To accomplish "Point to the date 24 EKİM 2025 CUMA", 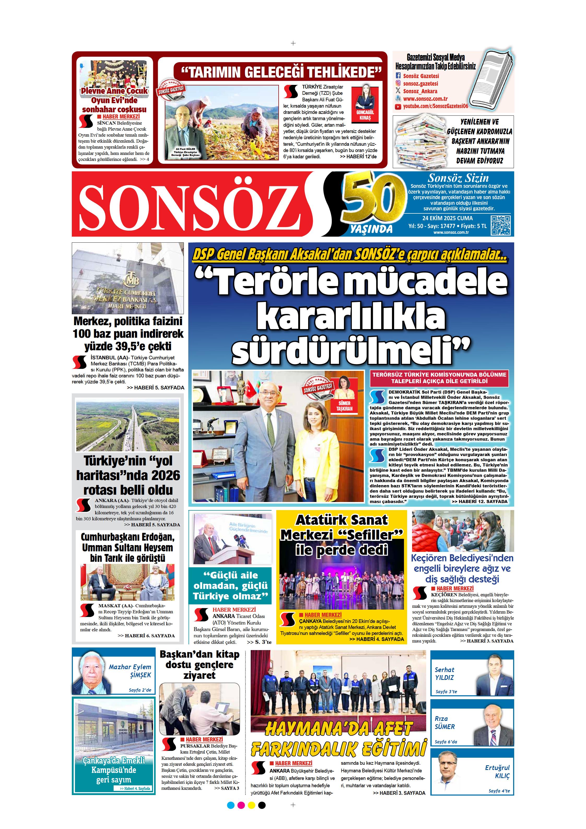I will click(447, 218).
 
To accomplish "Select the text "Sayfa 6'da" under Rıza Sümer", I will click(446, 742).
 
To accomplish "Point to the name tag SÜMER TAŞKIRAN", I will click(344, 406).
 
